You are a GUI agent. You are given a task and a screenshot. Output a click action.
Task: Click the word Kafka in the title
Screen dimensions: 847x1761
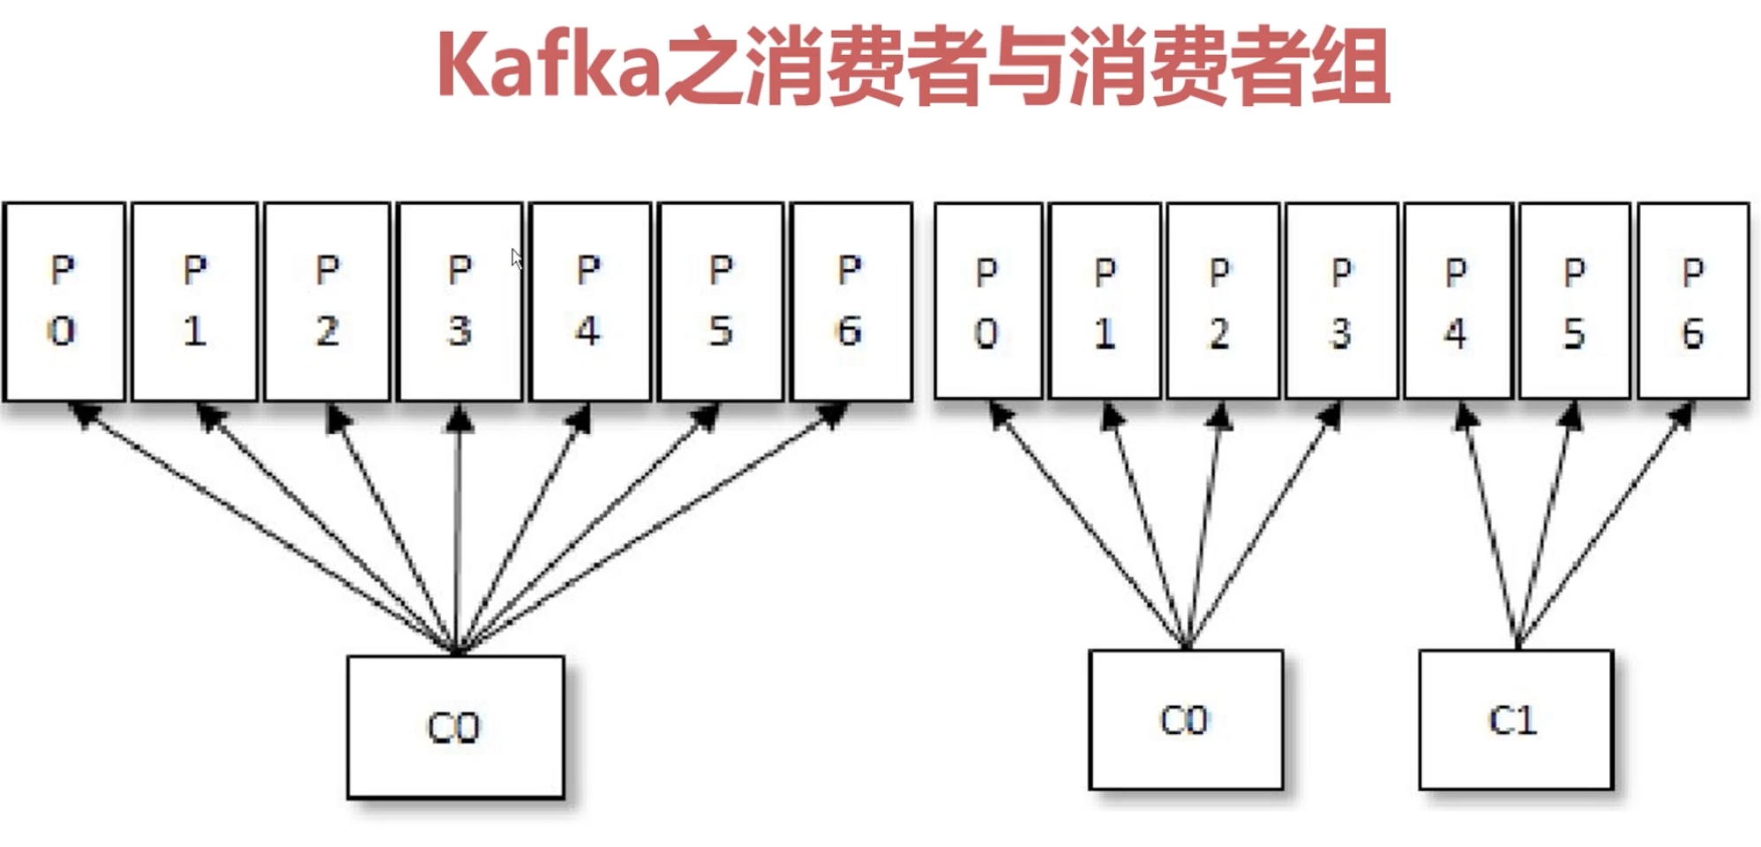pyautogui.click(x=547, y=66)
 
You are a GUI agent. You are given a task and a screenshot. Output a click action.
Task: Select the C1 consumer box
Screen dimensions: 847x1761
pyautogui.click(x=1515, y=720)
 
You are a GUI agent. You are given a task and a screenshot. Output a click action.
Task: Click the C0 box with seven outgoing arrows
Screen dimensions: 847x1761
pyautogui.click(x=455, y=727)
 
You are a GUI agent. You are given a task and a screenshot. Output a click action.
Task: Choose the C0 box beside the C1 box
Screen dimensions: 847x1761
pyautogui.click(x=1185, y=720)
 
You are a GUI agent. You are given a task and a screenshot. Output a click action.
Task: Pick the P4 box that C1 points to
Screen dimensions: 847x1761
pyautogui.click(x=1457, y=301)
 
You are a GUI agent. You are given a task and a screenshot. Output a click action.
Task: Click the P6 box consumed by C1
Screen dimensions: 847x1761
pyautogui.click(x=1692, y=301)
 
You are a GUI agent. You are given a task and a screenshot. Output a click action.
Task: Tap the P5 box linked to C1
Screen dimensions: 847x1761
pyautogui.click(x=1574, y=301)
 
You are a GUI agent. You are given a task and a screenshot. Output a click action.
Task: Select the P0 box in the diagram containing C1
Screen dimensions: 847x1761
pyautogui.click(x=987, y=301)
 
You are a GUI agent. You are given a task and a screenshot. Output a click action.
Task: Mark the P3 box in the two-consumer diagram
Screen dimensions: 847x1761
pyautogui.click(x=1341, y=301)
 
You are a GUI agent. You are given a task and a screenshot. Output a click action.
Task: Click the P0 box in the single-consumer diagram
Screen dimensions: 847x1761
pyautogui.click(x=63, y=301)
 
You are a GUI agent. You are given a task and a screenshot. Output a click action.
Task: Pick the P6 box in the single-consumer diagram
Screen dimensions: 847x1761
pyautogui.click(x=851, y=301)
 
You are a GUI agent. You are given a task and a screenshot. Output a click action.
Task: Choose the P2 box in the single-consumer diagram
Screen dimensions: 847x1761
pyautogui.click(x=327, y=301)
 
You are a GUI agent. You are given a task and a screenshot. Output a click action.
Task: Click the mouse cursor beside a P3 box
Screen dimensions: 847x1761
pyautogui.click(x=516, y=259)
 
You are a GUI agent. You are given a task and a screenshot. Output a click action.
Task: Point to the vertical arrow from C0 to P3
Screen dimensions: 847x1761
pyautogui.click(x=457, y=529)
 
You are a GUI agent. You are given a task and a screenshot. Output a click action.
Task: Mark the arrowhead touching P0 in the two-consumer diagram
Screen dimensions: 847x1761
pyautogui.click(x=1000, y=415)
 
